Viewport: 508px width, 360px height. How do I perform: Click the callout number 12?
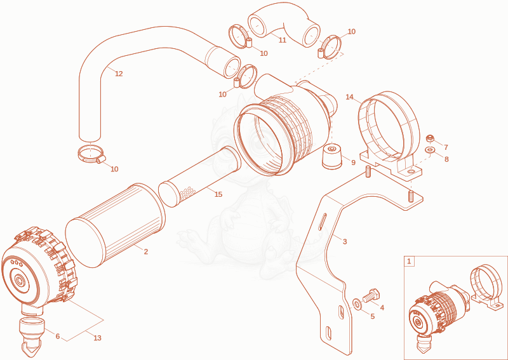[119, 74]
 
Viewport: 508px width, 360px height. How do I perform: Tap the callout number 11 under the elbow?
[283, 40]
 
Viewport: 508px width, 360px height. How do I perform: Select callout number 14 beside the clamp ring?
[349, 97]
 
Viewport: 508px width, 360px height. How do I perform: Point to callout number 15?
[218, 194]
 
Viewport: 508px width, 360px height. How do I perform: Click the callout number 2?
[146, 251]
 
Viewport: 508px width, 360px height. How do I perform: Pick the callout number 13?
[98, 338]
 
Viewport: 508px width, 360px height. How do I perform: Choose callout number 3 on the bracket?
[345, 241]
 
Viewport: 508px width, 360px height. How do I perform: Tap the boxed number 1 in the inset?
[409, 261]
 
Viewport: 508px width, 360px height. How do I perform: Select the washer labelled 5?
[357, 304]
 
